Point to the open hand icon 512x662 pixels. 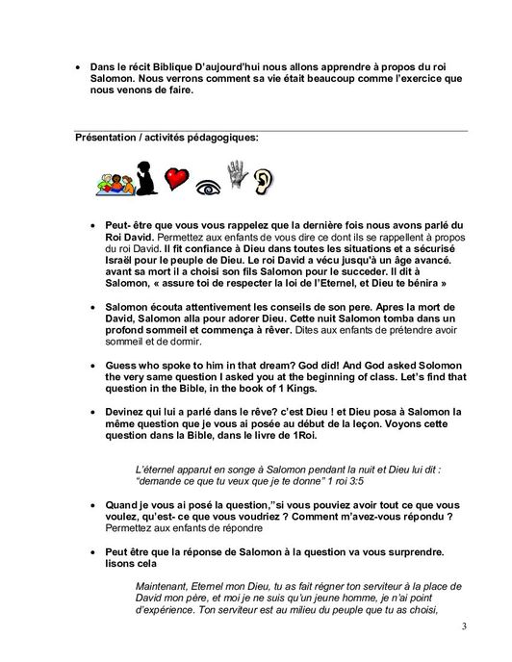(x=231, y=175)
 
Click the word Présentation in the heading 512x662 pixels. (x=106, y=138)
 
